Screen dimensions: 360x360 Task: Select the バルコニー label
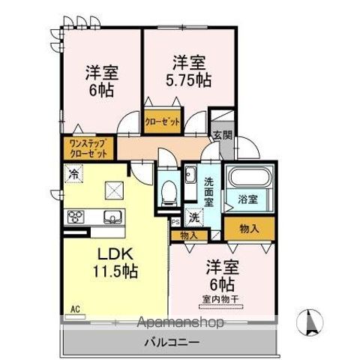(x=172, y=341)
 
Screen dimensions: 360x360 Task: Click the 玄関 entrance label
(x=223, y=135)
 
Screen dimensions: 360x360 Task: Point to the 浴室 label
(x=248, y=200)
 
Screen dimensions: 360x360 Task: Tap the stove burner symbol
(x=77, y=218)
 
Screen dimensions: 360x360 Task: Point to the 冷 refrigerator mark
(x=73, y=175)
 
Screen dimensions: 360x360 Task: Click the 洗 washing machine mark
(x=194, y=218)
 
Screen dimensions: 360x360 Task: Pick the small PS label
(x=175, y=222)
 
